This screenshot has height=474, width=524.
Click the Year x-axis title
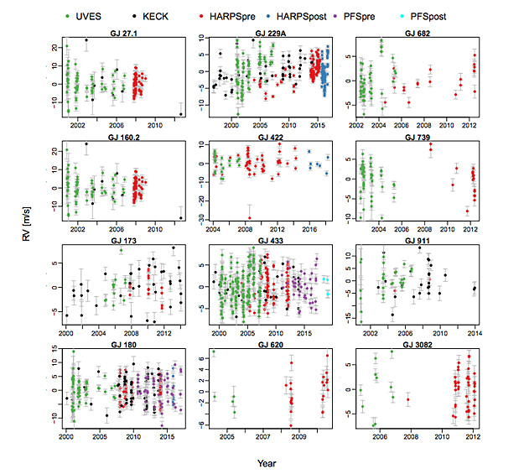[268, 462]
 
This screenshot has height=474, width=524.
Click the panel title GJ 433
[270, 242]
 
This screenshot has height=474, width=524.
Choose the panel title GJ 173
[122, 242]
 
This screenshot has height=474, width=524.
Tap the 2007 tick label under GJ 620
[262, 436]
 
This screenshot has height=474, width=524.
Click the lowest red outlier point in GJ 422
[249, 218]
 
